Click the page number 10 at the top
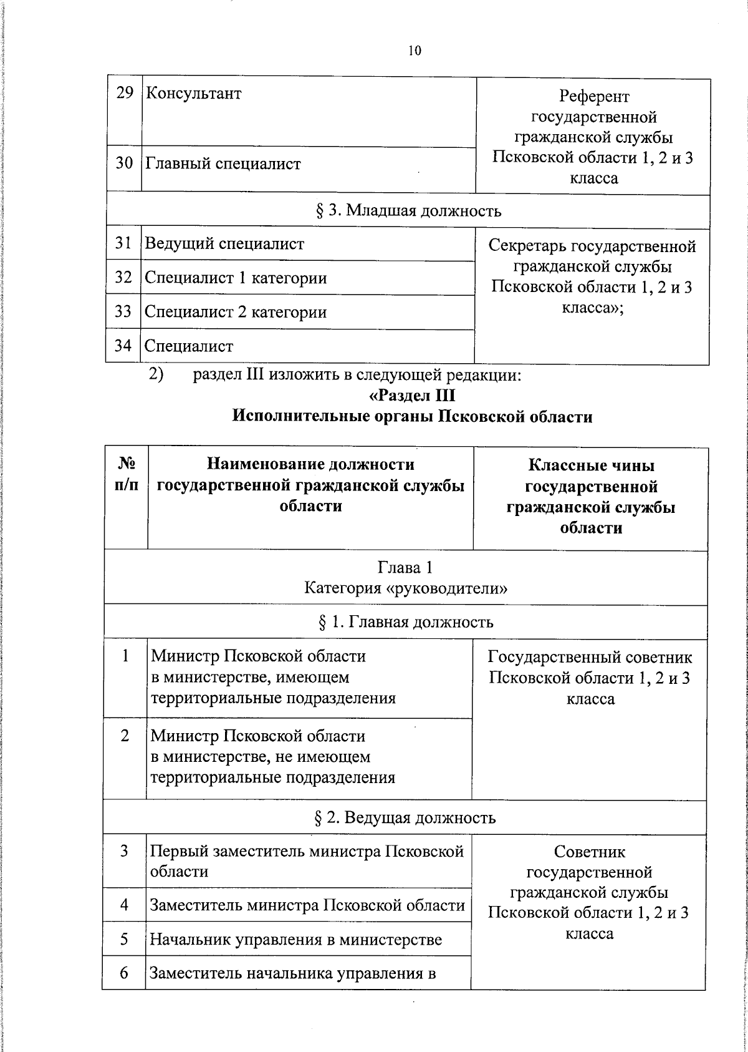coord(415,51)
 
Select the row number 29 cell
coord(125,94)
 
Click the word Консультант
coord(193,94)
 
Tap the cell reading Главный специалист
coord(223,164)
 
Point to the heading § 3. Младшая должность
coord(408,211)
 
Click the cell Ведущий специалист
coord(224,244)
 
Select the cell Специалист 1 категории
coord(236,278)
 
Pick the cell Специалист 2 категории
coord(236,311)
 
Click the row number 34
coord(123,345)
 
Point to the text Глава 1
coord(405,567)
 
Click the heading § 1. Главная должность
coord(406,622)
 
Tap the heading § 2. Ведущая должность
coord(405,817)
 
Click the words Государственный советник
coord(590,657)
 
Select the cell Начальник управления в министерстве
coord(295,939)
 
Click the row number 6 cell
coord(124,972)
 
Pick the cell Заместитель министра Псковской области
coord(307,905)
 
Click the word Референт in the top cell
coord(594,96)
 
